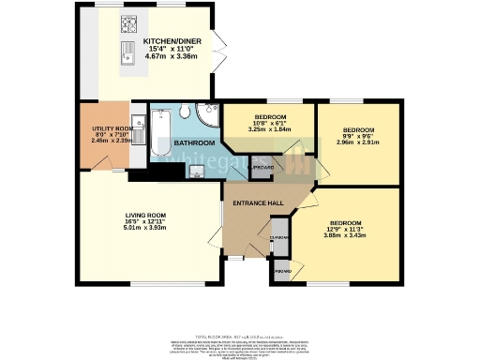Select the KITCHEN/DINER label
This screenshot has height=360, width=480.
[172, 42]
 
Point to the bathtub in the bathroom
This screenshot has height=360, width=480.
[159, 133]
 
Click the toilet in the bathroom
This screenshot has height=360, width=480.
[186, 112]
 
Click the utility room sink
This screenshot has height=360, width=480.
[138, 122]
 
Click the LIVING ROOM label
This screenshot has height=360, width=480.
[145, 216]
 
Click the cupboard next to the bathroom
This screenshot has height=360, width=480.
[263, 167]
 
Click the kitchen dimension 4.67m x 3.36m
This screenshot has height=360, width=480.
[172, 55]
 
